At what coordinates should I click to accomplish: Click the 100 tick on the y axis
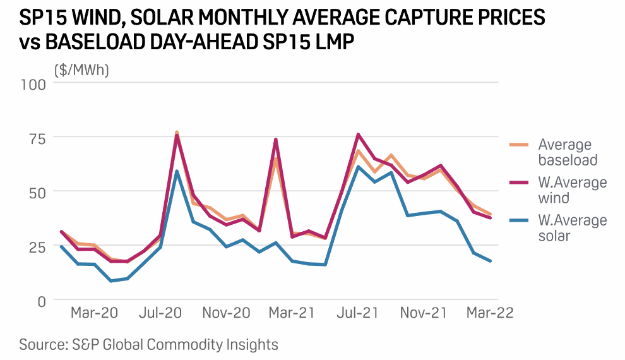(33, 83)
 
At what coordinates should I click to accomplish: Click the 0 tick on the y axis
(41, 301)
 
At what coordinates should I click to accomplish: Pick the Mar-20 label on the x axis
(94, 313)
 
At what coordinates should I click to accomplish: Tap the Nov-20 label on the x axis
(227, 313)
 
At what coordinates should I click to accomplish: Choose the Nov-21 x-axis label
(424, 313)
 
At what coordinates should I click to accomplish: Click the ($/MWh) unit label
(81, 70)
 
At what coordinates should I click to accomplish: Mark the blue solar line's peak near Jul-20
(177, 171)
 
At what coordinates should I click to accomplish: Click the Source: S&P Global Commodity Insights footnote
(148, 344)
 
